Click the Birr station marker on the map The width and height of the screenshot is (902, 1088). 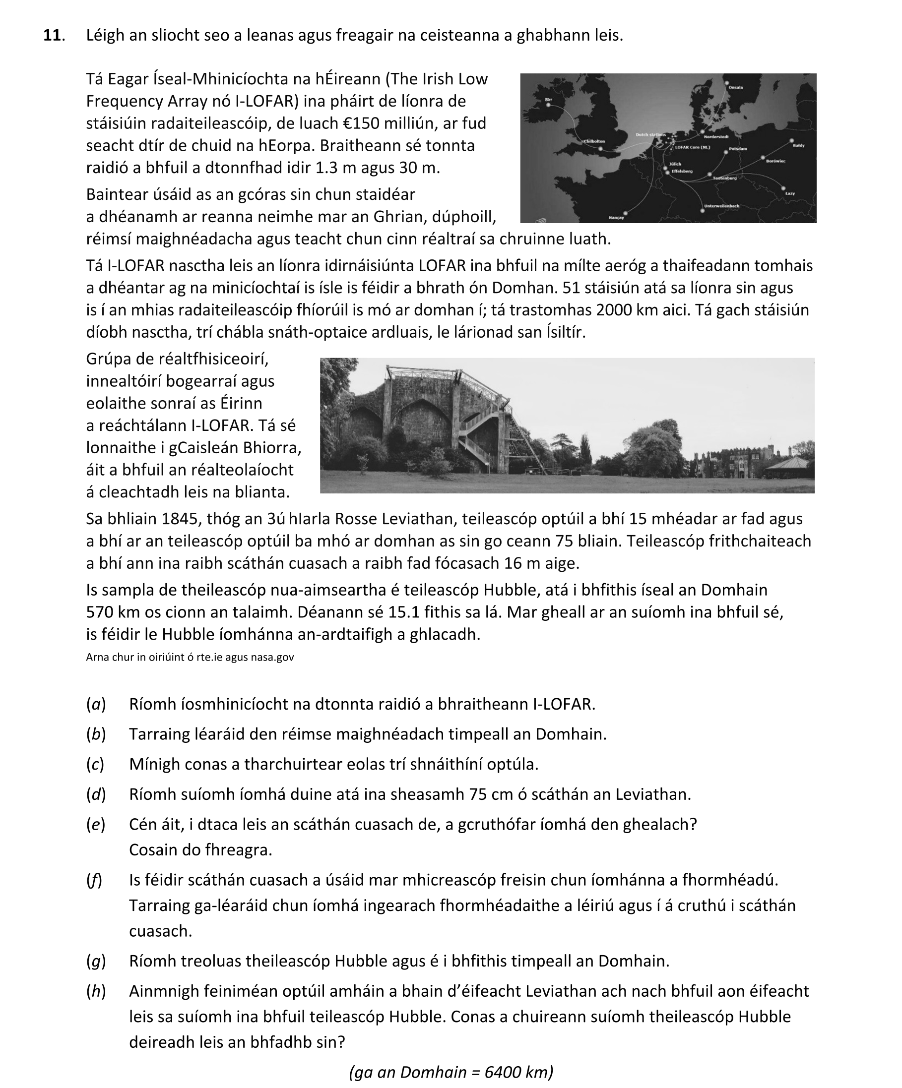(x=548, y=105)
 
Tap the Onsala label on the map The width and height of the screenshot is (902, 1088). (x=735, y=87)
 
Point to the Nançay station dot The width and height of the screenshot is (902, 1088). (x=626, y=213)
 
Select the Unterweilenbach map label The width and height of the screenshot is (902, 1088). (x=722, y=206)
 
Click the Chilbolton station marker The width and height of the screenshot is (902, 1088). (x=600, y=149)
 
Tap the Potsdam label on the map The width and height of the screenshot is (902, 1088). (x=738, y=149)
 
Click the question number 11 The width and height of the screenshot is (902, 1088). (x=54, y=35)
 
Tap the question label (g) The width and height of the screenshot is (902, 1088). (x=96, y=961)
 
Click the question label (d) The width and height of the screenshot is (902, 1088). (x=96, y=794)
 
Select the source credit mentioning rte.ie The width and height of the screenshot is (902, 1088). (x=190, y=658)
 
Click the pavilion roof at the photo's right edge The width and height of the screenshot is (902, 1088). (x=788, y=463)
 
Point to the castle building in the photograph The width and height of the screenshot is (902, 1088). (x=726, y=461)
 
